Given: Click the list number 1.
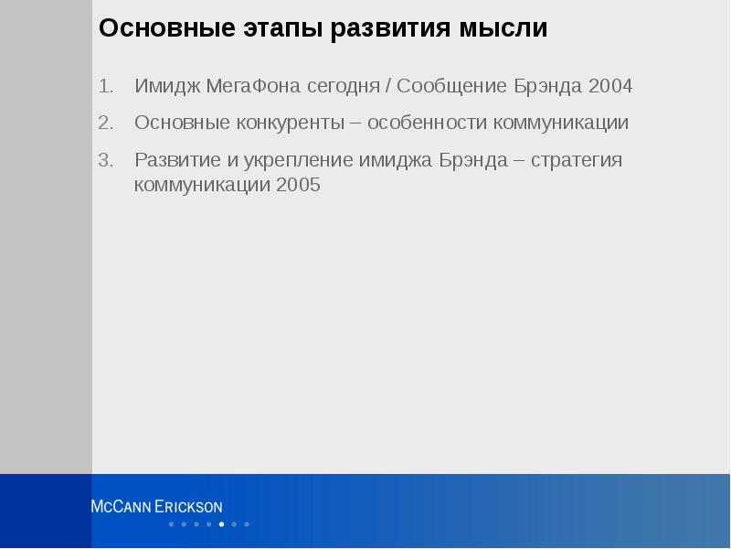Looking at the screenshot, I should (x=105, y=87).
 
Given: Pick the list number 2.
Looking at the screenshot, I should (x=105, y=123).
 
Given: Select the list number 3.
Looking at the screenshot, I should (x=105, y=160).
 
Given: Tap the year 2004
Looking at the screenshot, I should (x=610, y=87).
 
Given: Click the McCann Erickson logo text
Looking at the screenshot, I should (x=156, y=507).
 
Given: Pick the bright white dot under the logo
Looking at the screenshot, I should (x=222, y=524).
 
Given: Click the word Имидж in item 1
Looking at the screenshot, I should (x=165, y=87).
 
